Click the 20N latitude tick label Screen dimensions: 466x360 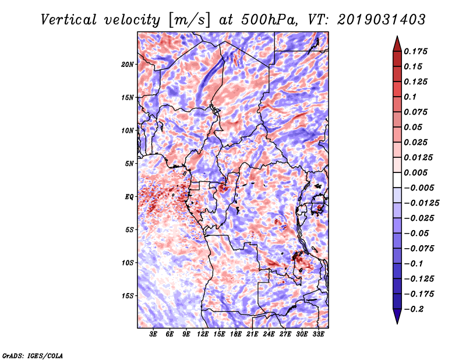tap(128, 65)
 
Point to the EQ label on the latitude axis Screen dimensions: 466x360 tap(129, 197)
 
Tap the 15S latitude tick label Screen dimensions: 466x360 tap(128, 296)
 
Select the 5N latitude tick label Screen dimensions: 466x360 tap(129, 164)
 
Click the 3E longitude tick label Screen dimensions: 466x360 tap(153, 334)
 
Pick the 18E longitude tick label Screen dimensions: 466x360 tap(236, 334)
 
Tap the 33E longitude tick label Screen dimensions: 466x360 tap(318, 334)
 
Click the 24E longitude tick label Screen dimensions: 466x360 tap(269, 334)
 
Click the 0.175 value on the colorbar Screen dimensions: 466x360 tap(415, 51)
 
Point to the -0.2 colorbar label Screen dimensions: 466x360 tap(414, 309)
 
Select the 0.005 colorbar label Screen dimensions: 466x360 tap(415, 172)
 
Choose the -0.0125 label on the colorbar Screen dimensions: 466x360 tap(421, 203)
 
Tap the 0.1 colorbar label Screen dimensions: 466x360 tap(410, 97)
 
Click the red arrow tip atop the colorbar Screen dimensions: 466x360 tap(397, 37)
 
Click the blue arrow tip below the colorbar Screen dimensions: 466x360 tap(397, 323)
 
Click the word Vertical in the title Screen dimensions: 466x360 tap(69, 20)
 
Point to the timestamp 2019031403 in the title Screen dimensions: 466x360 tap(382, 20)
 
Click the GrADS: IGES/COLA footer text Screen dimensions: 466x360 tap(33, 356)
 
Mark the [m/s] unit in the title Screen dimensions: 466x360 tap(189, 20)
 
